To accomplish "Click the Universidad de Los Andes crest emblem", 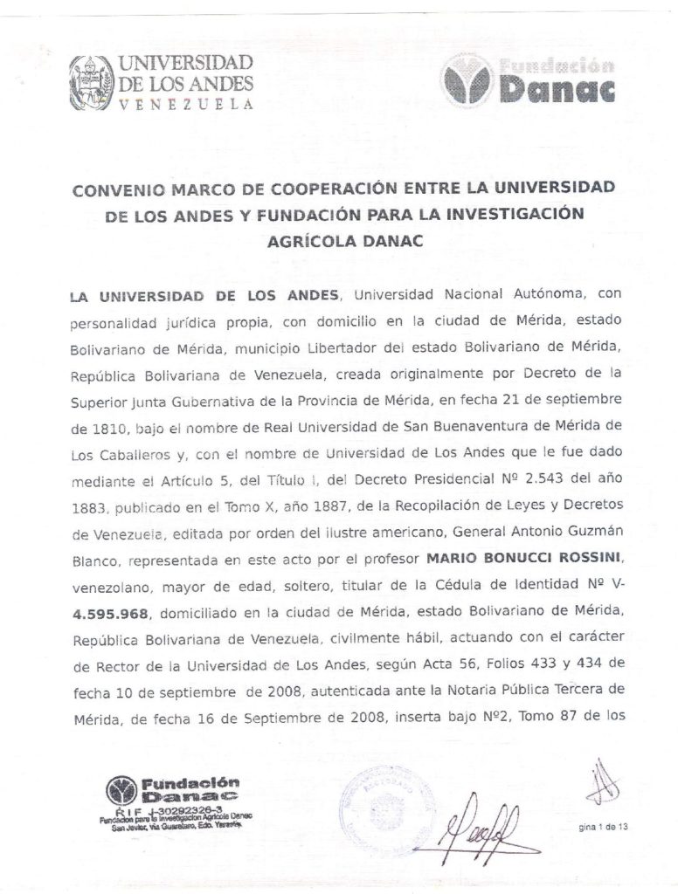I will pyautogui.click(x=91, y=82).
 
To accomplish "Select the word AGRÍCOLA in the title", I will pyautogui.click(x=308, y=242).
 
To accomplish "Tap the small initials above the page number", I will pyautogui.click(x=600, y=785).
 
